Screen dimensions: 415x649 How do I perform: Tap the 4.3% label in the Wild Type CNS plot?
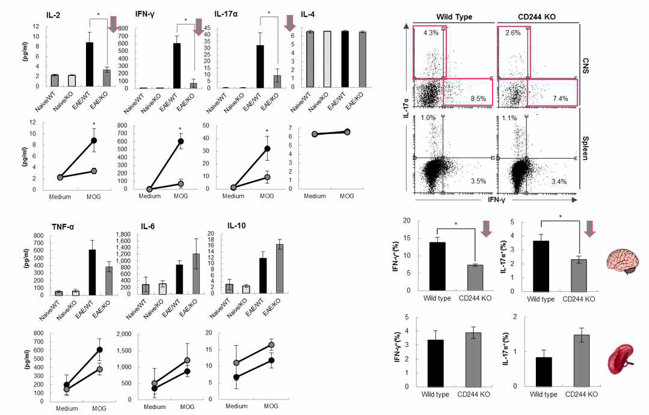click(x=431, y=32)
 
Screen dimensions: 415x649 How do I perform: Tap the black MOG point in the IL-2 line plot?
click(x=93, y=140)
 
